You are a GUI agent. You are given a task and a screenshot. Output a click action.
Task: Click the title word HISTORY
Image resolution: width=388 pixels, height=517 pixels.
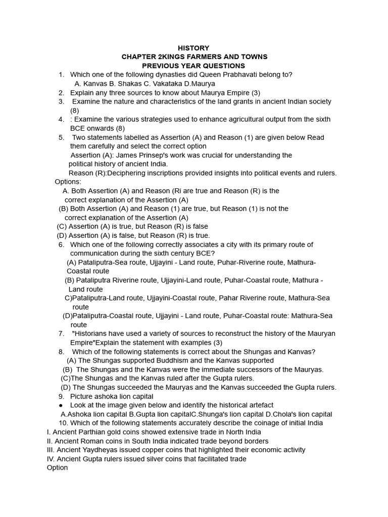pos(193,48)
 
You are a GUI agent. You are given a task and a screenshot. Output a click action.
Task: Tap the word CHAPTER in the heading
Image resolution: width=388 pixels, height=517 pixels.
pos(139,57)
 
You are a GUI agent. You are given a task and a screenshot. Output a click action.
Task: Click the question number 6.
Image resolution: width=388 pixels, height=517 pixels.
pos(61,244)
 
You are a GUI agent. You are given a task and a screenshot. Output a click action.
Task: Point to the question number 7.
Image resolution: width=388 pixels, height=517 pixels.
pos(61,334)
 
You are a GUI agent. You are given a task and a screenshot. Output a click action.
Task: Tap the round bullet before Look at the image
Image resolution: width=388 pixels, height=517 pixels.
pos(61,405)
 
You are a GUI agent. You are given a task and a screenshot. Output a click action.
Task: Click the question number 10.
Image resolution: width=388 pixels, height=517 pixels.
pos(63,423)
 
